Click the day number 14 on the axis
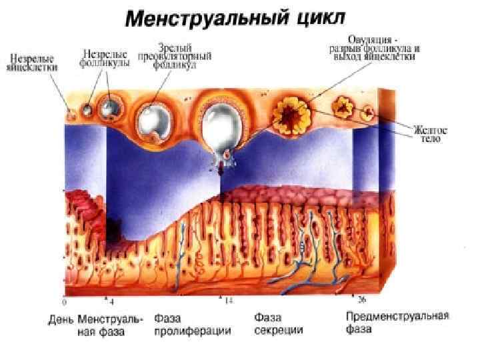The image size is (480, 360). pyautogui.click(x=228, y=301)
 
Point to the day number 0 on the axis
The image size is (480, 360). pyautogui.click(x=64, y=301)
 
